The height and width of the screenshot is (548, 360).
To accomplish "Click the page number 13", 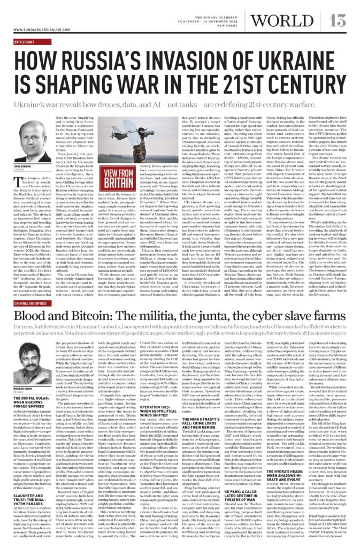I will [339, 20].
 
